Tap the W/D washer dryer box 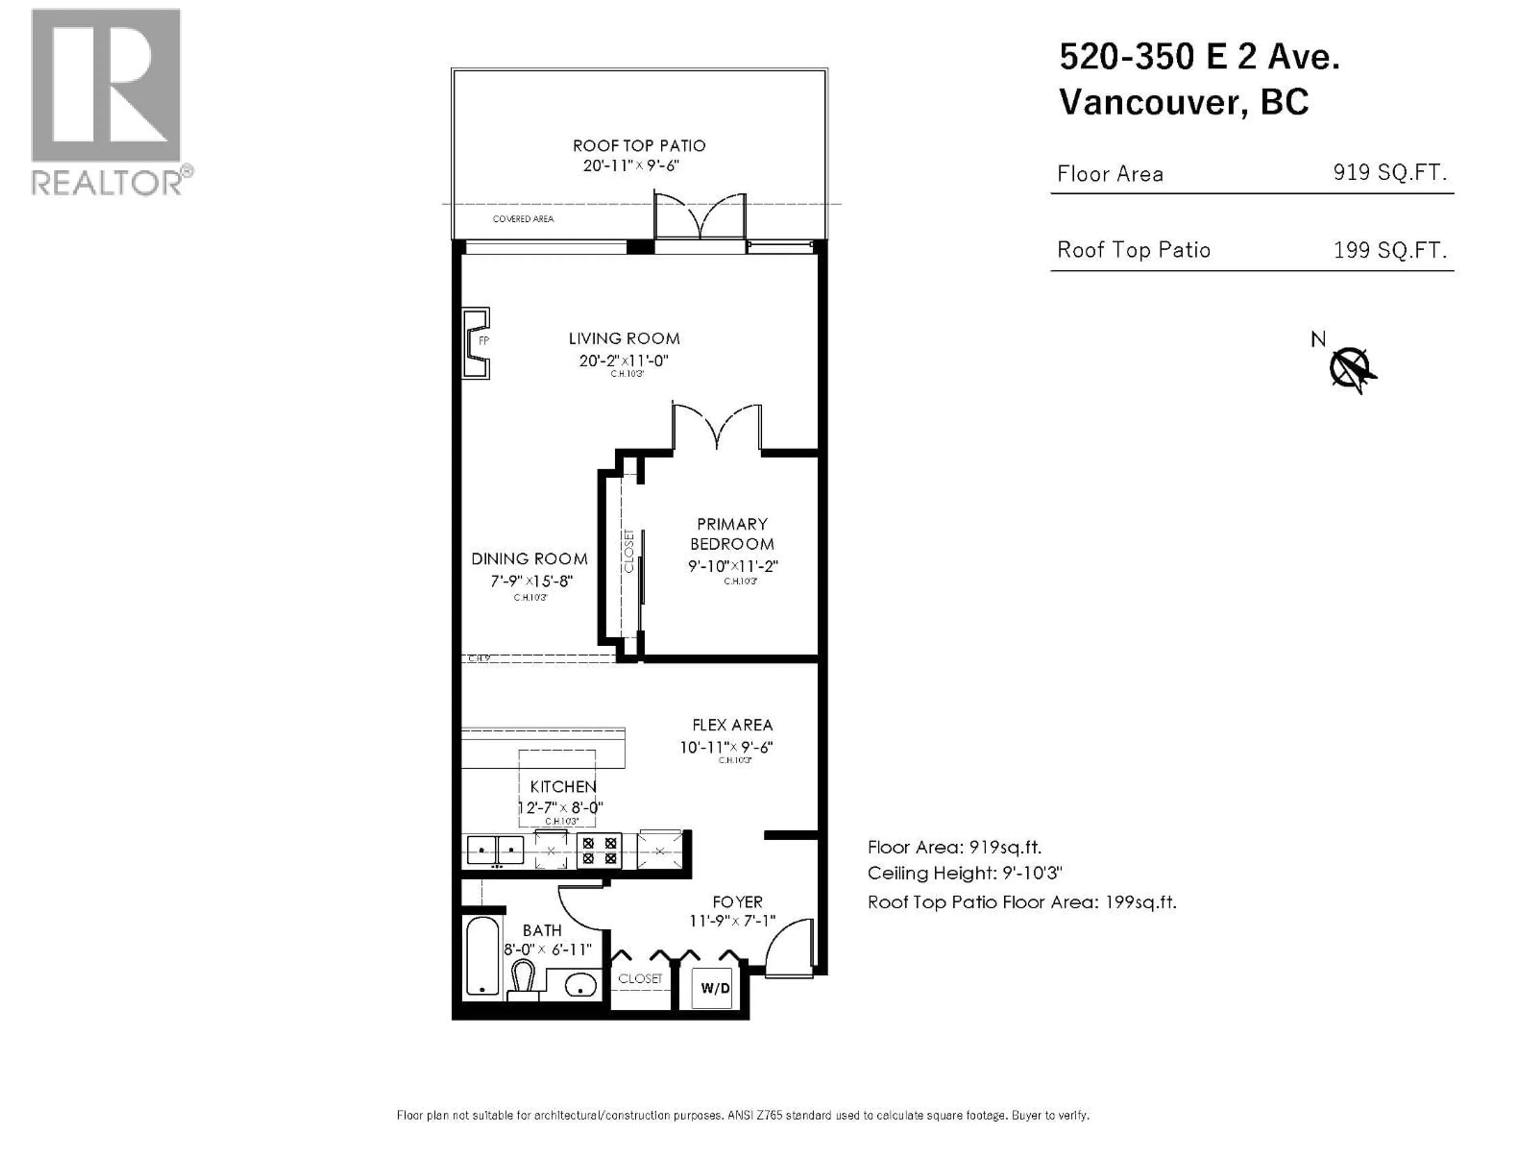(714, 988)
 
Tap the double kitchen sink (496, 849)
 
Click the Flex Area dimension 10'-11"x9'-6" (726, 747)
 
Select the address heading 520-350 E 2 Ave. (1199, 57)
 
